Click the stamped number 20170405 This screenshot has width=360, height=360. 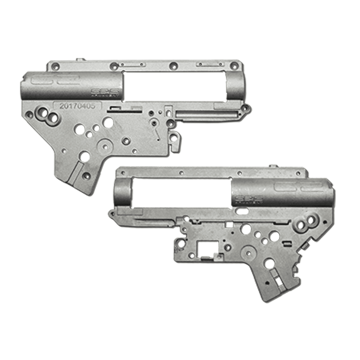click(x=77, y=106)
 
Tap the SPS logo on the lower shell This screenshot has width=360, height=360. click(x=248, y=199)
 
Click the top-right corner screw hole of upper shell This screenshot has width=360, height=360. click(x=235, y=66)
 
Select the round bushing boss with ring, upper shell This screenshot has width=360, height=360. click(x=105, y=146)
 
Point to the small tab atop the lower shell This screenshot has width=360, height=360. click(x=273, y=166)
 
